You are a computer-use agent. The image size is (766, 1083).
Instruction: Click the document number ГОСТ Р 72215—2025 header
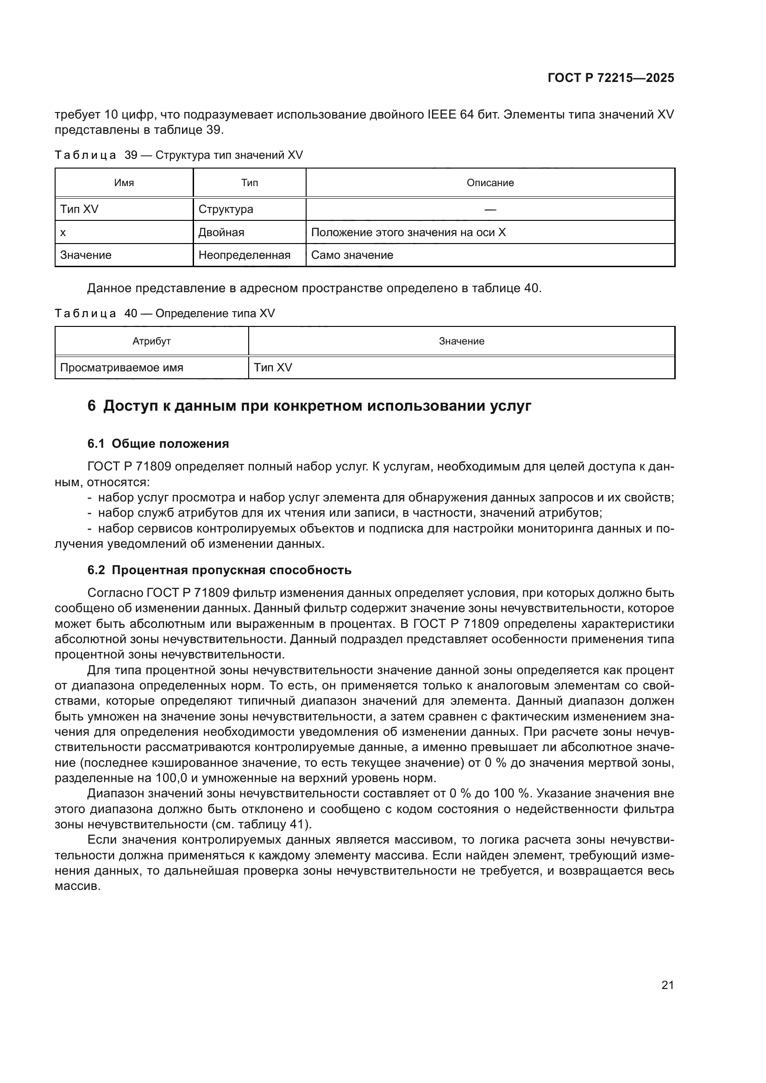[x=610, y=78]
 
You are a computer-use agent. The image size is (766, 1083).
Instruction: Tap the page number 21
[x=667, y=985]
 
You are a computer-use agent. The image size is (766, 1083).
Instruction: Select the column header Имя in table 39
[x=124, y=183]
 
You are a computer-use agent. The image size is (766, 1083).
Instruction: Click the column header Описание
[x=490, y=183]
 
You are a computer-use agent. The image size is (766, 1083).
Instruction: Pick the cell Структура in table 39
[x=226, y=209]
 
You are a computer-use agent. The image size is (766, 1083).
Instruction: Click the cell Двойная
[x=221, y=232]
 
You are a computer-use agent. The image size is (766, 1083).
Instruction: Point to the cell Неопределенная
[x=245, y=255]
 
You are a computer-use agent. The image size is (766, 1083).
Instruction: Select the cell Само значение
[x=352, y=255]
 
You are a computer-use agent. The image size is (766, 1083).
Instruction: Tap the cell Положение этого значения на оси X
[x=408, y=232]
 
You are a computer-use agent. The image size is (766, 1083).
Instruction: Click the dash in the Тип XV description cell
[x=490, y=209]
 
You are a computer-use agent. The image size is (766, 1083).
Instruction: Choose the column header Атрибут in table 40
[x=151, y=341]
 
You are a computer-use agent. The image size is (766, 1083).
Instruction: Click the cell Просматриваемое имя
[x=122, y=368]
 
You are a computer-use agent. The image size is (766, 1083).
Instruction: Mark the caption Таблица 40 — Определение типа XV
[x=164, y=313]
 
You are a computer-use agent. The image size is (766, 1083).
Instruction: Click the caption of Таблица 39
[x=179, y=155]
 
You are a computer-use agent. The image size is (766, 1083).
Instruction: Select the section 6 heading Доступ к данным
[x=309, y=406]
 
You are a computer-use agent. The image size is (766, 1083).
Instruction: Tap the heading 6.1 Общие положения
[x=158, y=444]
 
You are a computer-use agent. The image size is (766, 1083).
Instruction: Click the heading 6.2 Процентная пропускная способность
[x=220, y=570]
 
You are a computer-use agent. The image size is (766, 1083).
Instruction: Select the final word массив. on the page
[x=78, y=886]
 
